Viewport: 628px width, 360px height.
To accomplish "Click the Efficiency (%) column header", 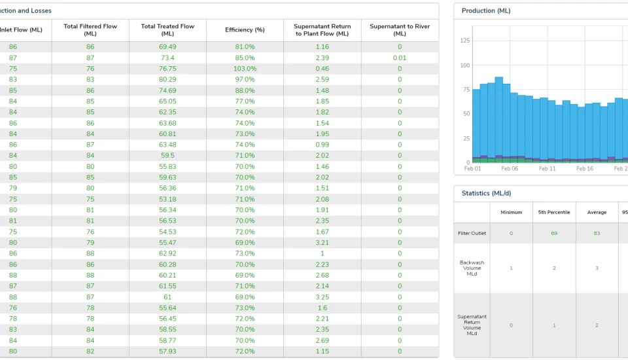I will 245,30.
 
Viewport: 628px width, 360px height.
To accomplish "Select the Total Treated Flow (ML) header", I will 167,30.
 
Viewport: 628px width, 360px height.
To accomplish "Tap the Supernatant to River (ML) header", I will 400,30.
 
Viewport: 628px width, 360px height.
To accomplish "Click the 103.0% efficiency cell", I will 245,69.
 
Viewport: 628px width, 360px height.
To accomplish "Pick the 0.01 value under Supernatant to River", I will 400,58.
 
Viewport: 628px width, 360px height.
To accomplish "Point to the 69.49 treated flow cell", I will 167,47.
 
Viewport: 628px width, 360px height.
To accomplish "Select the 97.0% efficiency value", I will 245,80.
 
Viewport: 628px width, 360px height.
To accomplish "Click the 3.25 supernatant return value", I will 322,297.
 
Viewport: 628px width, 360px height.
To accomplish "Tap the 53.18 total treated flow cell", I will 167,200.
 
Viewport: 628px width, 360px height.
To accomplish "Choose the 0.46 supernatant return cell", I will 322,69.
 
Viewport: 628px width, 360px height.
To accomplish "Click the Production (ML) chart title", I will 486,11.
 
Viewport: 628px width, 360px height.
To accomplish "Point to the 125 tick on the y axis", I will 464,41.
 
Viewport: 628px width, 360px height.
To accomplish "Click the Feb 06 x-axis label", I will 510,169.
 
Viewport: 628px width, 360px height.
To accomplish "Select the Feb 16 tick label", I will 585,169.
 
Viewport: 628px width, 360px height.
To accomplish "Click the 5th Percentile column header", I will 554,213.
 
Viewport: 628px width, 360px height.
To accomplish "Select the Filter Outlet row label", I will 472,234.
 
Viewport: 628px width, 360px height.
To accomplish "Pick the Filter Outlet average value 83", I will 597,234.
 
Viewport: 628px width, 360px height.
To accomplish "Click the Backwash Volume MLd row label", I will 472,268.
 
